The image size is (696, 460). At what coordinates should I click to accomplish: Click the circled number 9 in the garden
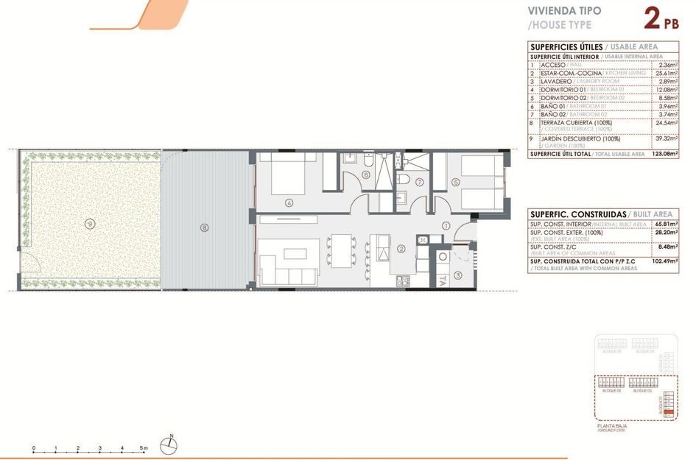pos(89,223)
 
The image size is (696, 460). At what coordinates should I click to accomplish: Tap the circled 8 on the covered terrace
pos(205,227)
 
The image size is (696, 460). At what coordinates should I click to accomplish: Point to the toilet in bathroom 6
pos(368,159)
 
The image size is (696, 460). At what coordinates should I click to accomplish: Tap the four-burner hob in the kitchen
pos(403,280)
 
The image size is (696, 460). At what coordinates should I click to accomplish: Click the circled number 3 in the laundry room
pos(458,275)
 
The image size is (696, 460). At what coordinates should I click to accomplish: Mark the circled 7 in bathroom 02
pos(419,183)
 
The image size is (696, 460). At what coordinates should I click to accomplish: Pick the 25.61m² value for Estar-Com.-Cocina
pos(666,74)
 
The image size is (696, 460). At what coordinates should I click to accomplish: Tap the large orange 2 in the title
pos(651,18)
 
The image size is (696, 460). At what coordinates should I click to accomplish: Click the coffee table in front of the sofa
pos(296,254)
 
